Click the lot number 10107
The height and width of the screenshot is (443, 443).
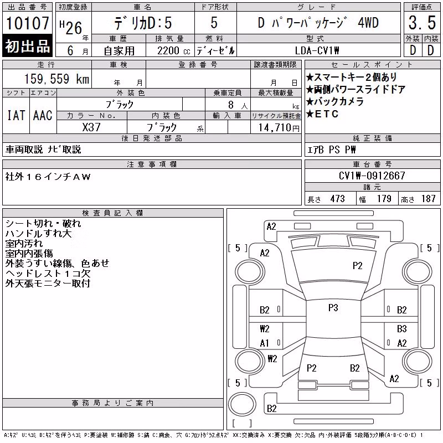click(x=27, y=23)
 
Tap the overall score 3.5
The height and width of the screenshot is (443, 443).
click(x=422, y=23)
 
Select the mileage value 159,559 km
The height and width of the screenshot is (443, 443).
click(x=56, y=79)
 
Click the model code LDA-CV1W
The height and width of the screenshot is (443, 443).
click(x=317, y=50)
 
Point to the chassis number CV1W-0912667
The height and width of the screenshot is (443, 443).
click(x=372, y=176)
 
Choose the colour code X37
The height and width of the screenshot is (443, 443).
click(x=91, y=127)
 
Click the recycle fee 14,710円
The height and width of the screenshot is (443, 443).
click(x=279, y=128)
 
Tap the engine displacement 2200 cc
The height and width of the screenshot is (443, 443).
click(x=174, y=51)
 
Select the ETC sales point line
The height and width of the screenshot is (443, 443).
click(x=322, y=114)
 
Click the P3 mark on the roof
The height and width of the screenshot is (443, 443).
click(x=333, y=308)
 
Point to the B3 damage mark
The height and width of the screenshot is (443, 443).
click(x=402, y=328)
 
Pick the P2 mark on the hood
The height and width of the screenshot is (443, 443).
click(x=357, y=266)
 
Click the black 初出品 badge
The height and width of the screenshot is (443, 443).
click(x=27, y=46)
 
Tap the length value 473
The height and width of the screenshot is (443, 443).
click(x=337, y=199)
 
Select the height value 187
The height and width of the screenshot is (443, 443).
click(x=428, y=199)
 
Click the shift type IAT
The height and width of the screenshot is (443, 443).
click(x=16, y=116)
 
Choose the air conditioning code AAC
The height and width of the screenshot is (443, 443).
click(x=43, y=116)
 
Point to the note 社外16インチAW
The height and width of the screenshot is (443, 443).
click(x=48, y=177)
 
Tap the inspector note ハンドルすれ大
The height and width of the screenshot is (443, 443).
click(x=38, y=234)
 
